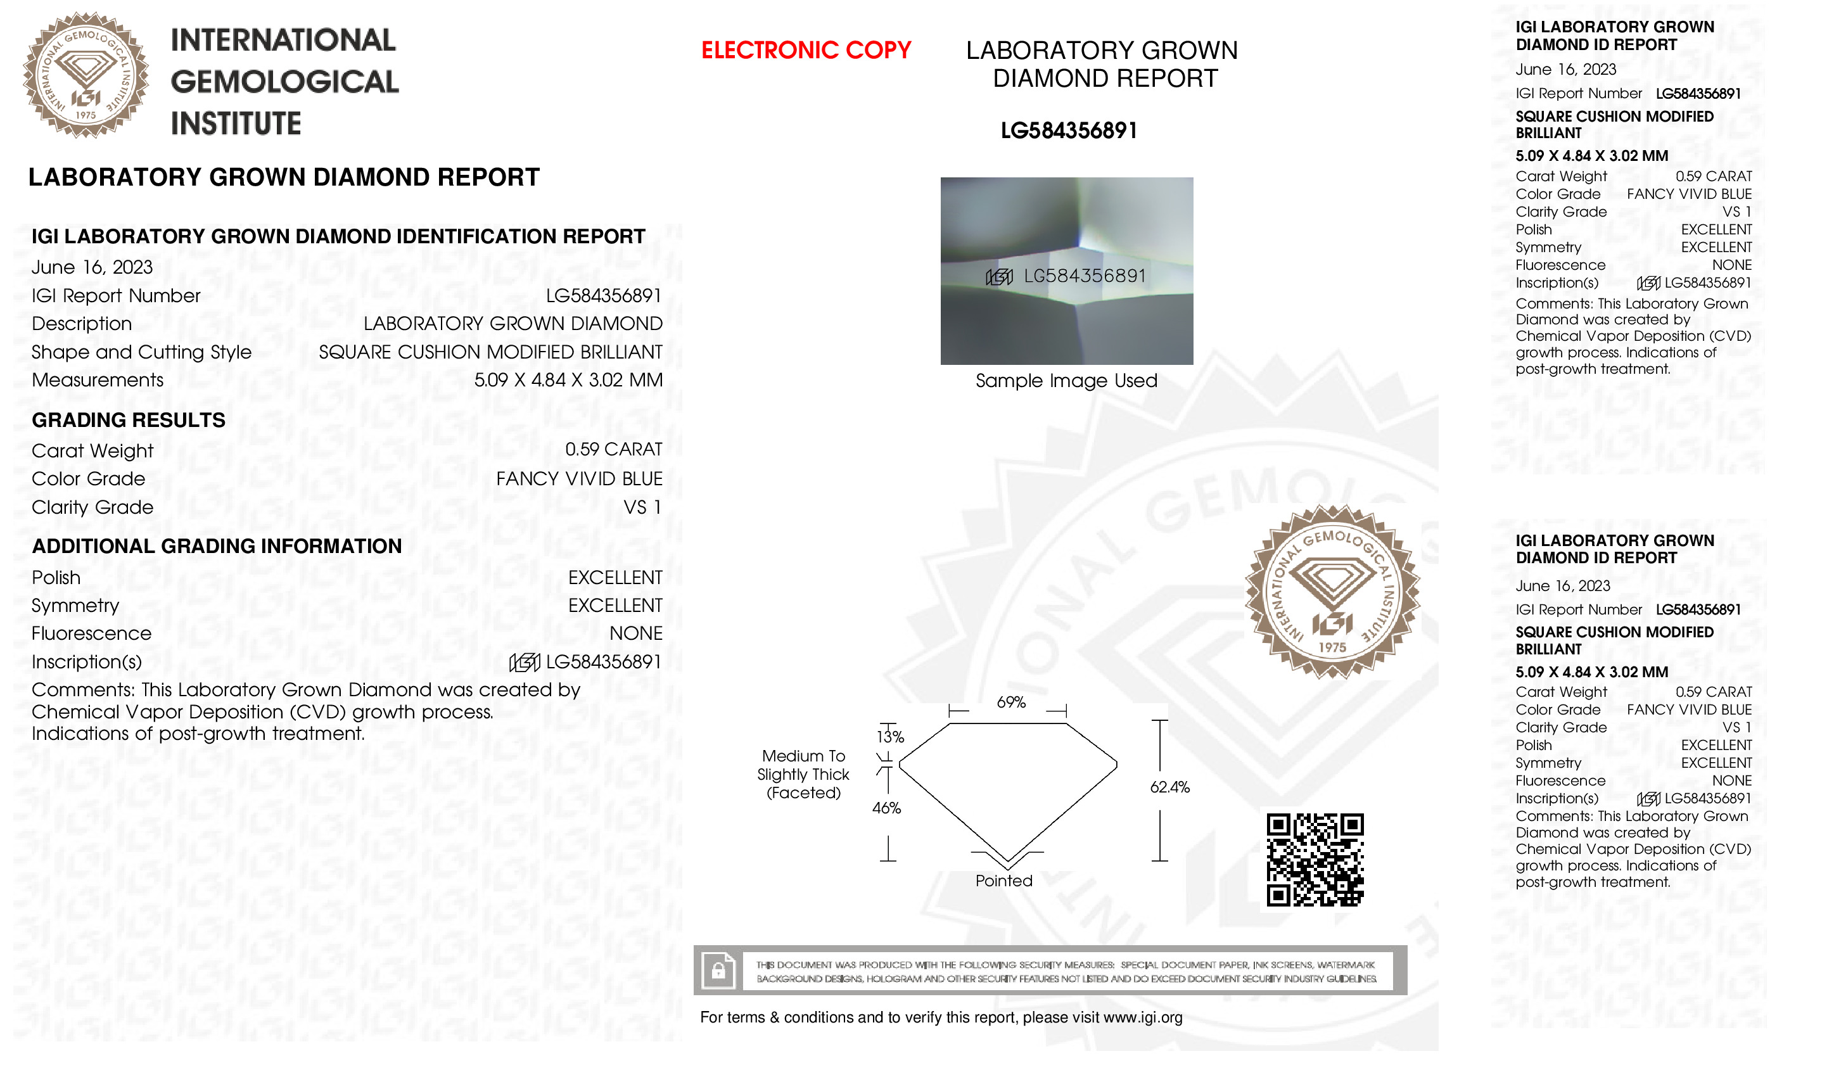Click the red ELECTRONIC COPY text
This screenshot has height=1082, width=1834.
pyautogui.click(x=805, y=50)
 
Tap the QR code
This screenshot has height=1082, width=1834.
pyautogui.click(x=1315, y=860)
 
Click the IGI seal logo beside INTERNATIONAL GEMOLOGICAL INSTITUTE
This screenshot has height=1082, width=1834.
pyautogui.click(x=86, y=75)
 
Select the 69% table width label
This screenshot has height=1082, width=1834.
pyautogui.click(x=1011, y=702)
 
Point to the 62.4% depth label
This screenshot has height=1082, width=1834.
pyautogui.click(x=1169, y=787)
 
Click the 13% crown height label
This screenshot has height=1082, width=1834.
pyautogui.click(x=890, y=737)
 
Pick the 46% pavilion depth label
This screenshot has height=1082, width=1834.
pyautogui.click(x=886, y=808)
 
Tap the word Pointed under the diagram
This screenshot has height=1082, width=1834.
pyautogui.click(x=1003, y=881)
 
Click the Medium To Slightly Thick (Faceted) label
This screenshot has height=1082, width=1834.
pyautogui.click(x=803, y=774)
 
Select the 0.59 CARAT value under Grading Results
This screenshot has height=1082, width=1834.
pyautogui.click(x=613, y=450)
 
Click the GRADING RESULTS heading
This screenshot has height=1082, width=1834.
pyautogui.click(x=129, y=420)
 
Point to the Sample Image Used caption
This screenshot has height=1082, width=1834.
pyautogui.click(x=1066, y=381)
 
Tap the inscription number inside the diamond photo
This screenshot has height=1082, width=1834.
pyautogui.click(x=1085, y=276)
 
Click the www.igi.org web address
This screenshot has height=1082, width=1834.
pyautogui.click(x=1142, y=1017)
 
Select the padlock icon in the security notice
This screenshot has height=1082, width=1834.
pyautogui.click(x=718, y=971)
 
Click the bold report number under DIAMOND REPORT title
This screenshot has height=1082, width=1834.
pyautogui.click(x=1069, y=131)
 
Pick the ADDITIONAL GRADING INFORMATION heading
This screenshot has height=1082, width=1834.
pyautogui.click(x=217, y=546)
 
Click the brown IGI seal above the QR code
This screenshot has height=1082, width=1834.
pyautogui.click(x=1332, y=592)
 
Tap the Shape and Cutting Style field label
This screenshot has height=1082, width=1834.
pyautogui.click(x=141, y=352)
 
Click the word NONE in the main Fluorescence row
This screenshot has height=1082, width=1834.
pyautogui.click(x=635, y=633)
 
